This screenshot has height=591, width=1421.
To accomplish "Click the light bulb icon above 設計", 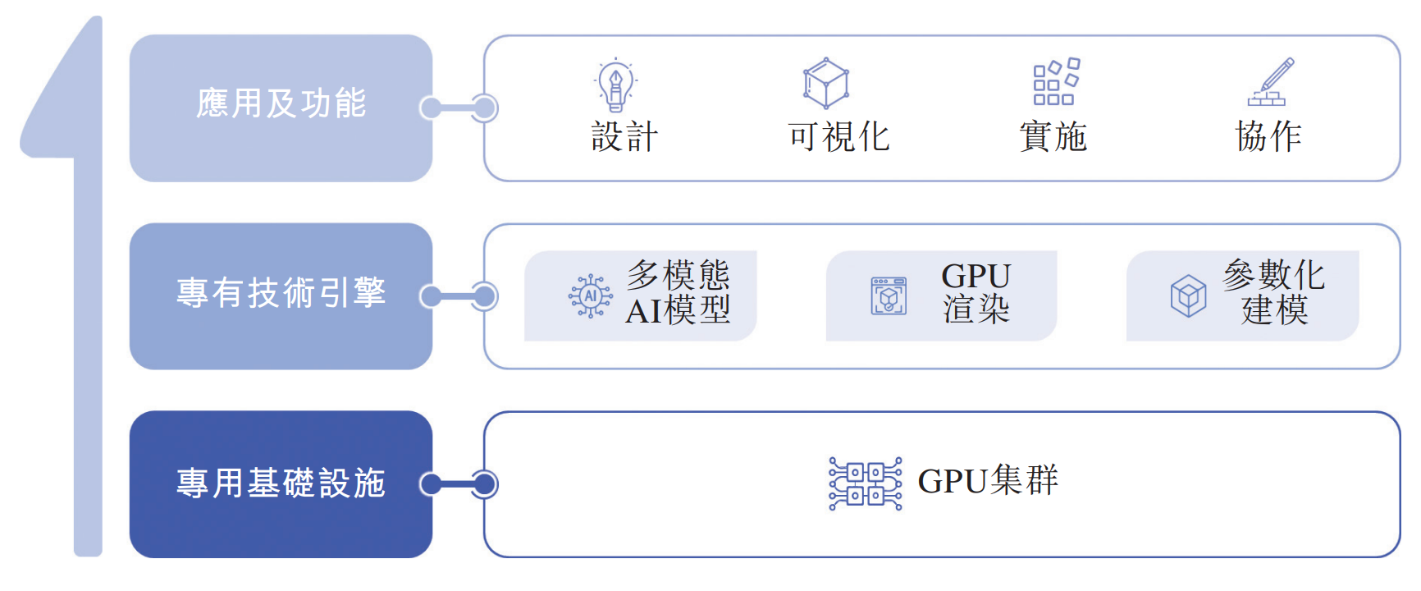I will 615,84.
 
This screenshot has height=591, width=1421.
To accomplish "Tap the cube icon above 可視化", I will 825,83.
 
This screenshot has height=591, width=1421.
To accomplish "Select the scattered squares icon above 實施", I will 1056,82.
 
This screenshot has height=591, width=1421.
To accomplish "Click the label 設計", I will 624,136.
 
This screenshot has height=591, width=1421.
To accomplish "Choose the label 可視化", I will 838,136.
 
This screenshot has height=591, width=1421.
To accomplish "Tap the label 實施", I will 1053,136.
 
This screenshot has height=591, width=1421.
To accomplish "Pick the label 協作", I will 1268,136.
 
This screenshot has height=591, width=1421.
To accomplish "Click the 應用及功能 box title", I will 281,104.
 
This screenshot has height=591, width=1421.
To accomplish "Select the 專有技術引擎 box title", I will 281,293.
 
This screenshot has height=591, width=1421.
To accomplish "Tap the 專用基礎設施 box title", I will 281,483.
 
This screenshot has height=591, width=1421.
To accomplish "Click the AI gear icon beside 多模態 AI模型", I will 591,296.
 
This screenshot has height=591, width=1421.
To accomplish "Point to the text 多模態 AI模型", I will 678,293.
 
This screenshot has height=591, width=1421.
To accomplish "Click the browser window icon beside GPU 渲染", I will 889,296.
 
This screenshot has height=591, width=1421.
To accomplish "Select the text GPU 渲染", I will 976,293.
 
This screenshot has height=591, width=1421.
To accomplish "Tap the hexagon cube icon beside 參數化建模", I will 1188,296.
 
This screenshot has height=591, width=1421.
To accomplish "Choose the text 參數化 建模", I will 1273,293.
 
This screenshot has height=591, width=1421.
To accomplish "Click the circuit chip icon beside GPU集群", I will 865,483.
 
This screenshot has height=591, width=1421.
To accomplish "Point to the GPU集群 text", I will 988,481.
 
